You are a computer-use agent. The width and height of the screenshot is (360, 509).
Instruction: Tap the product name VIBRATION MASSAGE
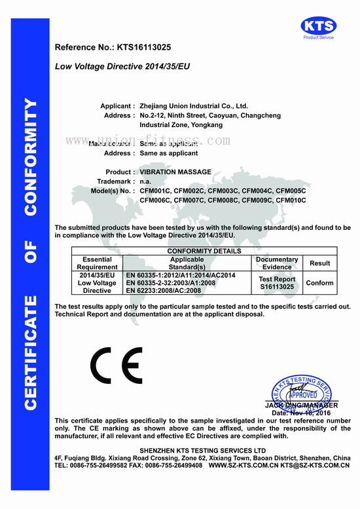(x=175, y=172)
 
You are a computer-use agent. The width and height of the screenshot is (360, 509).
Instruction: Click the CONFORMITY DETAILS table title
(x=204, y=251)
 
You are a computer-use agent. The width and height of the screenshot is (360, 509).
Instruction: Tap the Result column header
(x=320, y=263)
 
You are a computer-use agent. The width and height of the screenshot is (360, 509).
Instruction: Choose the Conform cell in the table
(x=320, y=283)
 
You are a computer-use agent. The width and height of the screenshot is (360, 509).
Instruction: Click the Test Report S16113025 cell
(x=277, y=283)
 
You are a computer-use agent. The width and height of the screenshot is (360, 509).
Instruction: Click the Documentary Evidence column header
(x=277, y=263)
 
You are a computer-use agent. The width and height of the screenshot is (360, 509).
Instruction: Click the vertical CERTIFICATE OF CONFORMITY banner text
(x=31, y=255)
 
